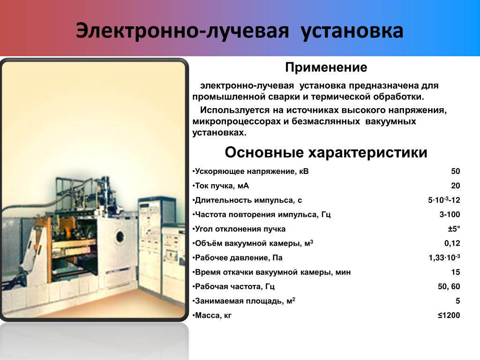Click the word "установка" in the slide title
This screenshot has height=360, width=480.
tap(352, 31)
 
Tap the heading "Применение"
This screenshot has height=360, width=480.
tap(326, 67)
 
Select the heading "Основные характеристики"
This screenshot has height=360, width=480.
tap(326, 152)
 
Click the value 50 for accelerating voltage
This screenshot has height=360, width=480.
tap(456, 171)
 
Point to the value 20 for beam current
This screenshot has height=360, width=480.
tap(456, 186)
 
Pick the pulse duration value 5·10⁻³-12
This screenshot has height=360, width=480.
tap(444, 200)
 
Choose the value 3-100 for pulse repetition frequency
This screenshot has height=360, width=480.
tap(450, 214)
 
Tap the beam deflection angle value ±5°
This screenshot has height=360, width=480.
tap(454, 229)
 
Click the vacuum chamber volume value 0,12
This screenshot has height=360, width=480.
tap(452, 243)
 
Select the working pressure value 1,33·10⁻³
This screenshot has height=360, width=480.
tap(444, 257)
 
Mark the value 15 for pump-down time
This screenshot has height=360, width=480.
tap(456, 272)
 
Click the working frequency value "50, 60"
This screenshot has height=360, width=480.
tap(449, 286)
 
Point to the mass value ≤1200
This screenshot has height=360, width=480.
tap(449, 315)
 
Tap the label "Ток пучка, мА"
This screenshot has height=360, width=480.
tap(222, 186)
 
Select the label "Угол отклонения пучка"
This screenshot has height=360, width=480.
tap(240, 229)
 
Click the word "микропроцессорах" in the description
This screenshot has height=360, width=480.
tap(236, 121)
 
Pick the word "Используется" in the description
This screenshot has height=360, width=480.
tap(235, 110)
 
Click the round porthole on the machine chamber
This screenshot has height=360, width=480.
tap(120, 237)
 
